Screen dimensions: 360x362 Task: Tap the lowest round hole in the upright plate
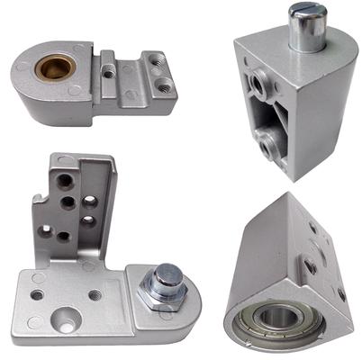pyautogui.click(x=64, y=236)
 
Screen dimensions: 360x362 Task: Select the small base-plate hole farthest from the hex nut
pyautogui.click(x=37, y=293)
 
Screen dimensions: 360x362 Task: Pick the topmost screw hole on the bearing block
pyautogui.click(x=312, y=227)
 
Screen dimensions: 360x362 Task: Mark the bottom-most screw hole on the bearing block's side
pyautogui.click(x=341, y=292)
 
